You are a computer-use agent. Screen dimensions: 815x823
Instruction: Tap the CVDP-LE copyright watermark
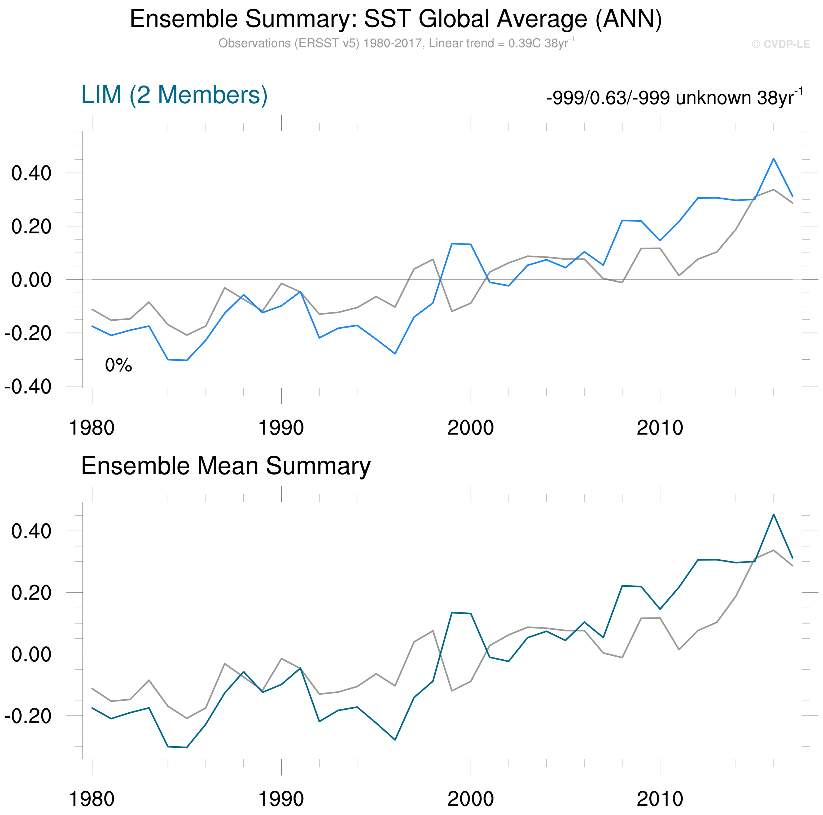pos(780,44)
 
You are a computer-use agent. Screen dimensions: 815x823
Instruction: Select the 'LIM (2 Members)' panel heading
pos(174,95)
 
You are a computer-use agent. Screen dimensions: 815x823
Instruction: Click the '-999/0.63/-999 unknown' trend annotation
pos(674,98)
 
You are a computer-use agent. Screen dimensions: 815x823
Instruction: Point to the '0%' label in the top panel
pos(119,365)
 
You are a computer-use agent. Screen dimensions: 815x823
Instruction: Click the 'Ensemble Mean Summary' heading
pos(226,466)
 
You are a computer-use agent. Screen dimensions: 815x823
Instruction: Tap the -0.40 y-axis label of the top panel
pos(28,387)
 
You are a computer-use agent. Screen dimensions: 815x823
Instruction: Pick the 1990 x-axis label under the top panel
pos(281,428)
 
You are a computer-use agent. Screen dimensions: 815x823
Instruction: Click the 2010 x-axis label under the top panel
pos(660,428)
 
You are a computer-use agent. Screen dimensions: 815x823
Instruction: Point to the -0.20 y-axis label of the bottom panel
pos(28,716)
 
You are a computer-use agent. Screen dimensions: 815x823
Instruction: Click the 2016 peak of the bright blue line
pos(774,159)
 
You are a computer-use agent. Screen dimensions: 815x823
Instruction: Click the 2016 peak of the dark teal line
pos(774,514)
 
